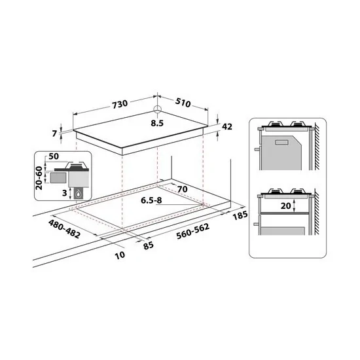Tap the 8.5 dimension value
click(158, 121)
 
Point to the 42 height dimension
click(228, 126)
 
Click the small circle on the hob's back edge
click(158, 110)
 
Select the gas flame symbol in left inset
click(79, 194)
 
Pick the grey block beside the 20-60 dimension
click(58, 176)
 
